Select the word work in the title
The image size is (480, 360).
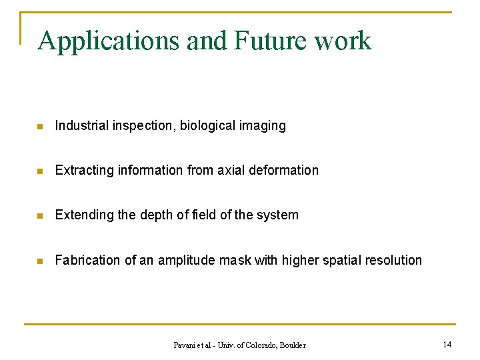click(x=343, y=41)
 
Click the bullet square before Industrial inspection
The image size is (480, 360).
click(x=40, y=126)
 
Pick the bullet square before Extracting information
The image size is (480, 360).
click(x=40, y=171)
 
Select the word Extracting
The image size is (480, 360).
click(x=85, y=171)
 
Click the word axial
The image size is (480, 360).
click(x=230, y=170)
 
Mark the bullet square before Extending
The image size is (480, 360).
click(x=40, y=215)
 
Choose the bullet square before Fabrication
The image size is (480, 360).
click(x=40, y=261)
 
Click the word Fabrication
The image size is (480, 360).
click(x=87, y=260)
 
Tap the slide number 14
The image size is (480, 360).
click(x=447, y=345)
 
